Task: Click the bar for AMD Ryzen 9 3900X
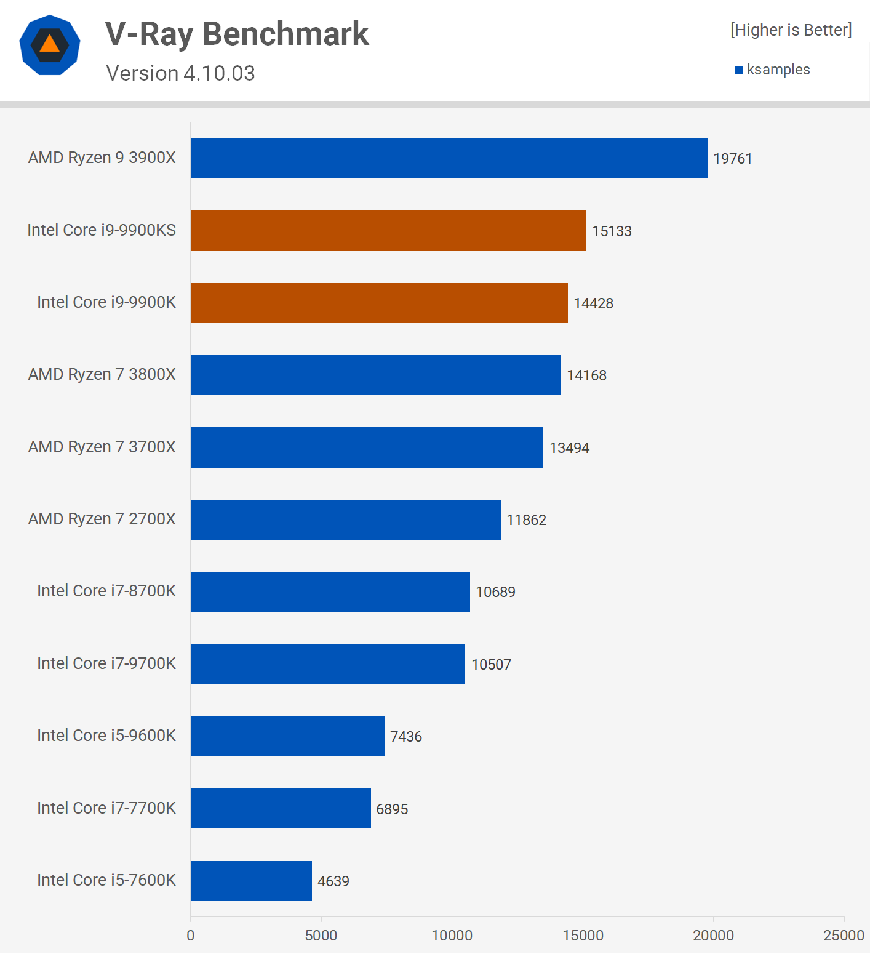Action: tap(449, 158)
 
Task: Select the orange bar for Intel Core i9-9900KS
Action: tap(388, 231)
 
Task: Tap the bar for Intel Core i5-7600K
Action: tap(251, 881)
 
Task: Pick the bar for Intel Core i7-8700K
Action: tap(330, 591)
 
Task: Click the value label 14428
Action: tap(593, 303)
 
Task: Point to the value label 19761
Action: tap(732, 159)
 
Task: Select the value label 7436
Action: tap(406, 737)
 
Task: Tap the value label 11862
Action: tap(526, 520)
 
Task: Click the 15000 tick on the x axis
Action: tap(583, 936)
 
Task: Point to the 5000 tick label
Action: tap(321, 936)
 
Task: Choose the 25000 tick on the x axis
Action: tap(844, 936)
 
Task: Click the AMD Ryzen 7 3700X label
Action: tap(102, 447)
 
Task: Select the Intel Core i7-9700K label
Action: tap(106, 663)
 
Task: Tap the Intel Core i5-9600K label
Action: tap(106, 736)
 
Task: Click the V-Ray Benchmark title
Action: tap(237, 34)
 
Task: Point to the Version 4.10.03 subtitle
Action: tap(180, 73)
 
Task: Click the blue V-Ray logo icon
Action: tap(50, 45)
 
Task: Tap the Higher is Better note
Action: tap(791, 30)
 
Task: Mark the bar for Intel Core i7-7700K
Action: tap(281, 808)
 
